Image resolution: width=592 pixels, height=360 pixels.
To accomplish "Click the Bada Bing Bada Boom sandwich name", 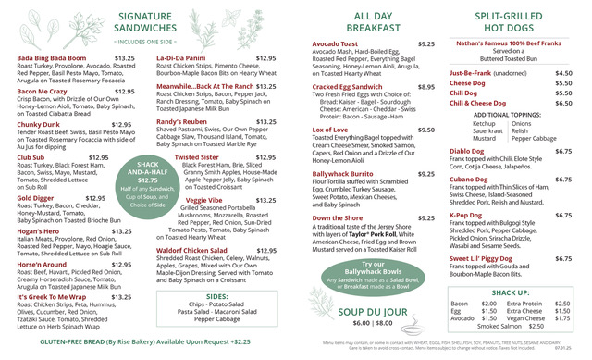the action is (x=52, y=58).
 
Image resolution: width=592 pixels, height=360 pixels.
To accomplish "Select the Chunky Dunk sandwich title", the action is (x=38, y=123).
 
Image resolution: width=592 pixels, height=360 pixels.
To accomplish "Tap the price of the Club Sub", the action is (x=97, y=158).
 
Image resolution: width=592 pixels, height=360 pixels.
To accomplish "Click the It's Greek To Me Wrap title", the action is (x=52, y=296).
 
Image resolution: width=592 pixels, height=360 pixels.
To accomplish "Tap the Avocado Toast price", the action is (x=426, y=43).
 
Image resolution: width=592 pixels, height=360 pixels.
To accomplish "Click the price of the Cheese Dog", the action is (x=563, y=82).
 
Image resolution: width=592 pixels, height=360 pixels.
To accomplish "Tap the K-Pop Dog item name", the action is (x=473, y=215).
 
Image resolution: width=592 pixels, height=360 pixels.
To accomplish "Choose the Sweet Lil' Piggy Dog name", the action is (x=489, y=259).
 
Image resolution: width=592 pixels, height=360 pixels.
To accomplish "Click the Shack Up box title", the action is (x=510, y=292).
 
